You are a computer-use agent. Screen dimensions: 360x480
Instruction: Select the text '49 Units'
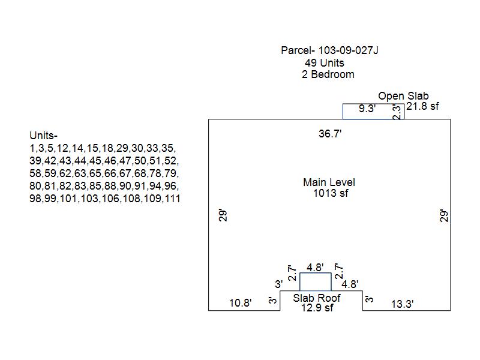tap(325, 62)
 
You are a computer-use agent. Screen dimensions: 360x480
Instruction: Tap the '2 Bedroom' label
tap(328, 74)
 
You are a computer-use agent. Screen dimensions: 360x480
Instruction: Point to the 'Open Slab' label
tap(403, 96)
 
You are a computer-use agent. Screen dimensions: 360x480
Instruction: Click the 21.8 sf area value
tap(423, 106)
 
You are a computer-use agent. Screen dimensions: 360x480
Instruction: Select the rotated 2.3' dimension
tap(397, 112)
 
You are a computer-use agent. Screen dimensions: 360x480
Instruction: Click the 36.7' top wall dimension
tap(330, 134)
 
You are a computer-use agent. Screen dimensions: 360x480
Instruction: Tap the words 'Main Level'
tap(329, 182)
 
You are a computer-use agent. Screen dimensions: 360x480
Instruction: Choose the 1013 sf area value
tap(331, 193)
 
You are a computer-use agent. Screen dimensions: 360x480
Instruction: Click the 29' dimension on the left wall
tap(223, 215)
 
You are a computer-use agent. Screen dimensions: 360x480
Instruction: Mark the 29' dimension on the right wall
tap(444, 215)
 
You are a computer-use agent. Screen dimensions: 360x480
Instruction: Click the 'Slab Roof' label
tap(317, 298)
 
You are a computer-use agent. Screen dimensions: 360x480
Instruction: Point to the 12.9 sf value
tap(317, 308)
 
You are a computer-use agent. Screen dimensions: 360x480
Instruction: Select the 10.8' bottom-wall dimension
tap(241, 304)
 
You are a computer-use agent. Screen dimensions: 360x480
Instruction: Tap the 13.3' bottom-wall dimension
tap(402, 304)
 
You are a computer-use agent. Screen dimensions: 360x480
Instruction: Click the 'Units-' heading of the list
tap(43, 136)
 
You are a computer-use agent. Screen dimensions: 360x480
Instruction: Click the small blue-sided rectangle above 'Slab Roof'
tap(315, 282)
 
